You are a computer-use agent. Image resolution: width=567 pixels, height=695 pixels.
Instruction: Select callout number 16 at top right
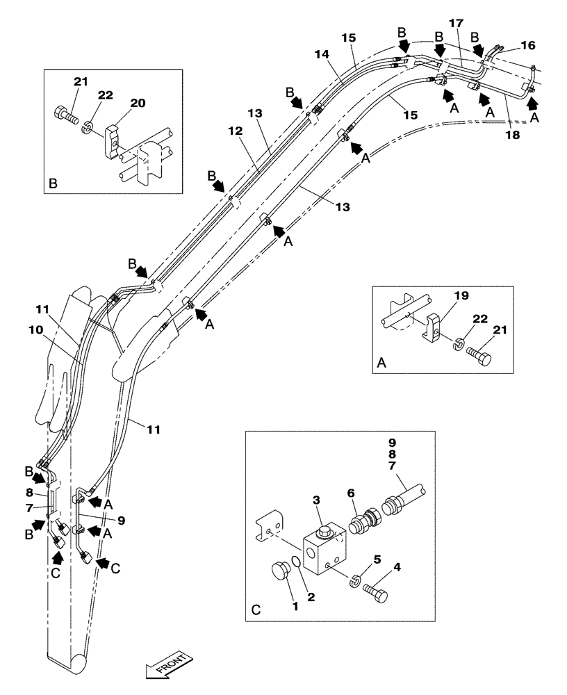529,45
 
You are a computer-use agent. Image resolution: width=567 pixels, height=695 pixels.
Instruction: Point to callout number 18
512,136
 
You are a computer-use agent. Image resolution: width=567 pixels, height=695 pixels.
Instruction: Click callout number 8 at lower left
31,491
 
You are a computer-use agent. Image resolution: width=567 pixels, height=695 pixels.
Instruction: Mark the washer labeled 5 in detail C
356,578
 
